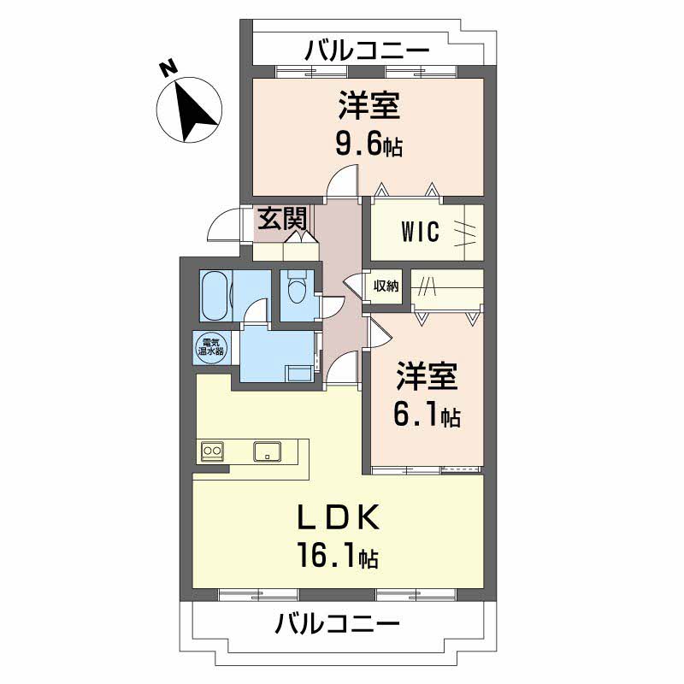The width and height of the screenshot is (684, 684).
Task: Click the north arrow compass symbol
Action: coord(189,109)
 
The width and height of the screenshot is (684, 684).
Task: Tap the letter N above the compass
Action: coord(168,69)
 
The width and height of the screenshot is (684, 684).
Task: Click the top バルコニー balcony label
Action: coord(367,50)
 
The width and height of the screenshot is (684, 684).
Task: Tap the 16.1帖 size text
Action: coord(337,554)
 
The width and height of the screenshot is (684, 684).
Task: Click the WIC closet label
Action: coord(421,231)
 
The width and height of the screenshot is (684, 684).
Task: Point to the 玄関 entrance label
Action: coord(282,218)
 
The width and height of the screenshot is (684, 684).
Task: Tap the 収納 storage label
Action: coord(386,286)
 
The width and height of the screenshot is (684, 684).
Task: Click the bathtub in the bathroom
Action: coord(215,296)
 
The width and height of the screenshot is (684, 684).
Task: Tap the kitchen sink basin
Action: coord(268,451)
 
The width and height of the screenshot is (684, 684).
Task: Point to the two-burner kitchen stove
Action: coord(212,451)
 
